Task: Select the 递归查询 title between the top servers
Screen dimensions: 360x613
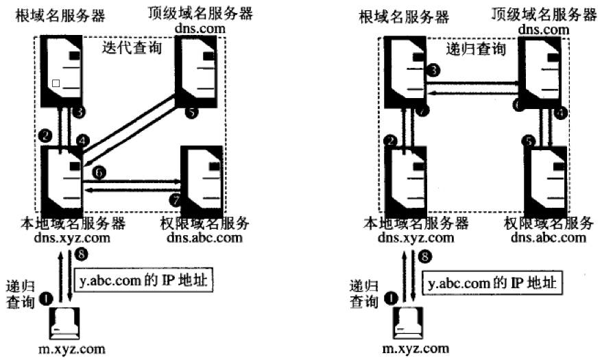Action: pos(473,49)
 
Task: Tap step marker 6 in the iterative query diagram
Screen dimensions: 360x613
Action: pos(100,174)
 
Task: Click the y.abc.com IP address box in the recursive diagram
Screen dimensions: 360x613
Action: pos(490,282)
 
